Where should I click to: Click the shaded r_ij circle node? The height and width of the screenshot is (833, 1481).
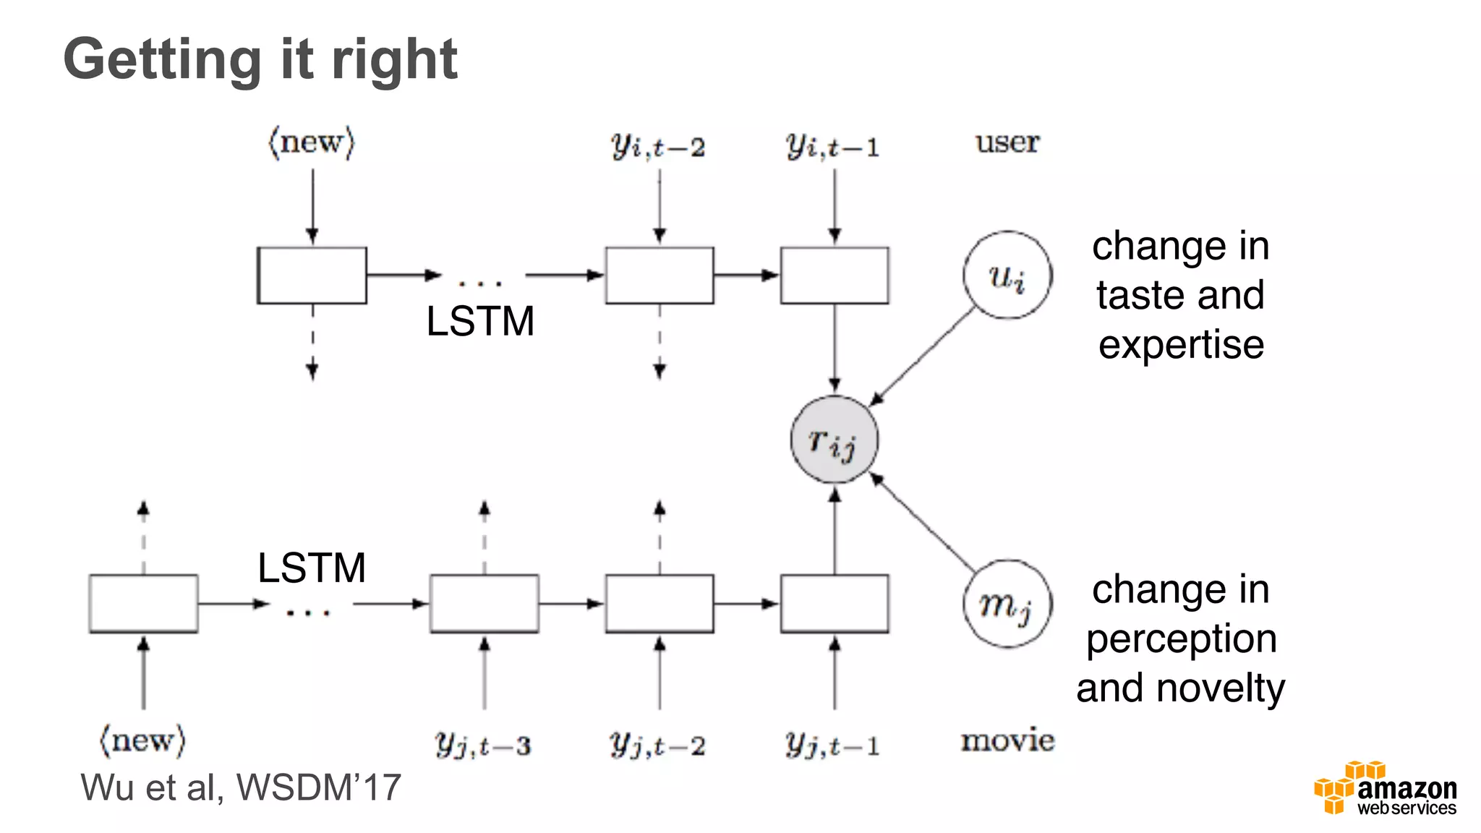pos(834,440)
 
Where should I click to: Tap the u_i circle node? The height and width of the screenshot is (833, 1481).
pos(1007,275)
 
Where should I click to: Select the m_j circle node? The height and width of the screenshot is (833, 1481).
pos(1007,604)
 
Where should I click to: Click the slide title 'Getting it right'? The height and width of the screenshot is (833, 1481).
pos(260,59)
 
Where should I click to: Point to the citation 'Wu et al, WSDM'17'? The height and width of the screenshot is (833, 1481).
pos(241,787)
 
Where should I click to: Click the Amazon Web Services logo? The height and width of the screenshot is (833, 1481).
pos(1386,790)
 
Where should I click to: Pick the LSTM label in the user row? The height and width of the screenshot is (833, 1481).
pos(480,321)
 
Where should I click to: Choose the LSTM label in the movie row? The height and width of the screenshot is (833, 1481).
pos(312,568)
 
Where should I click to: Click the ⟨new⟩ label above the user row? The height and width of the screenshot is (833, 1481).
pos(312,142)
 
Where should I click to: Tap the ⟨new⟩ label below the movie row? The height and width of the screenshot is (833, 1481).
pos(142,740)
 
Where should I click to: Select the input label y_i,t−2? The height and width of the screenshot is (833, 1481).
pos(658,146)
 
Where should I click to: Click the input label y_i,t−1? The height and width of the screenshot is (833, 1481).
pos(833,146)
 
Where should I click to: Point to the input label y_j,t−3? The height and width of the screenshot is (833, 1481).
pos(483,744)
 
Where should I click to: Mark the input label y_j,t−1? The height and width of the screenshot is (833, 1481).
pos(833,744)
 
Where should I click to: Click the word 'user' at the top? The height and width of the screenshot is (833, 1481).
pos(1007,142)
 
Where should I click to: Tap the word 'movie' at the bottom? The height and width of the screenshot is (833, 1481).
pos(1007,740)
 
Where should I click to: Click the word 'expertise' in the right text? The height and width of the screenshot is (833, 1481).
pos(1181,345)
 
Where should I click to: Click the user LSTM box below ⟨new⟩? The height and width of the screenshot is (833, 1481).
pos(312,275)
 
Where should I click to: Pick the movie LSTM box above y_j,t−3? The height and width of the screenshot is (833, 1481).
pos(484,604)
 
